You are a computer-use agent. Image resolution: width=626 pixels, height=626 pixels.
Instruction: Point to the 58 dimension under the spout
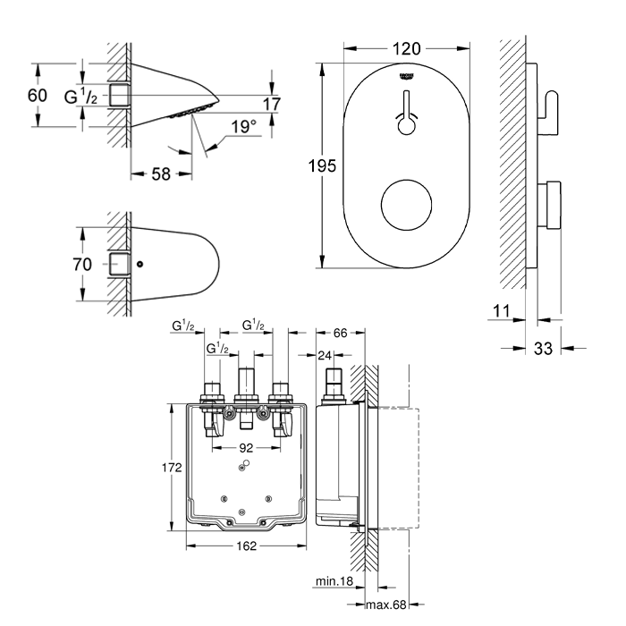coord(160,174)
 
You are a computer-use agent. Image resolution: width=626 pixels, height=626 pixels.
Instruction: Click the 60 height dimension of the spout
coord(37,95)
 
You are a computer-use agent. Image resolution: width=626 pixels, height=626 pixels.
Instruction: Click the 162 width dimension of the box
coord(247,546)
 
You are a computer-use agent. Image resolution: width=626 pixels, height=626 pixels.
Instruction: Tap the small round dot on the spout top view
coord(140,265)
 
